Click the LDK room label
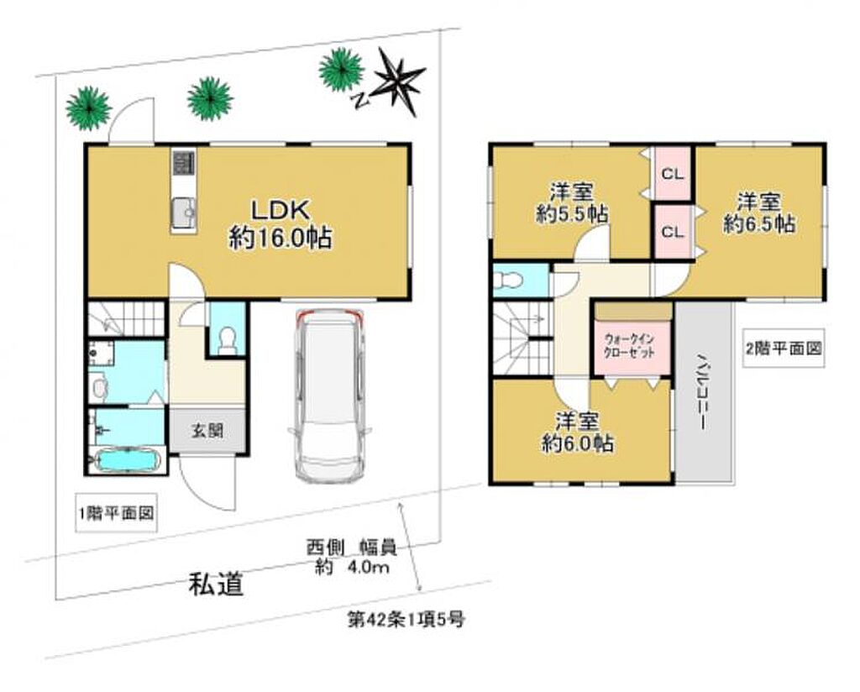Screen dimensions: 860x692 coord(281,210)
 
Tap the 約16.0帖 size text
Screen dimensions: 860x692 coord(281,239)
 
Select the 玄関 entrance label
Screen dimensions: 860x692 coord(207,431)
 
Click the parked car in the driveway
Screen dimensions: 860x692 coord(329,396)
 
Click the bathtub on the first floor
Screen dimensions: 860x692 coord(128,460)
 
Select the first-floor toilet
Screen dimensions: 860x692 coord(227,340)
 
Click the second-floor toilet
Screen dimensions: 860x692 coord(508,280)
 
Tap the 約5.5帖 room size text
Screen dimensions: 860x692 coord(571,214)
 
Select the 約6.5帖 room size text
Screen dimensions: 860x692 coord(759,223)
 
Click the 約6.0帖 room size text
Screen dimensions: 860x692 coord(577,443)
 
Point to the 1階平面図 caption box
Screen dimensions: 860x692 coord(116,514)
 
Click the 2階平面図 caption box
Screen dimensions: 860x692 coord(784,348)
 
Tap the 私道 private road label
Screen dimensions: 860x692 coord(216,584)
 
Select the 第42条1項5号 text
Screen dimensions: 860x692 coord(406,620)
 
